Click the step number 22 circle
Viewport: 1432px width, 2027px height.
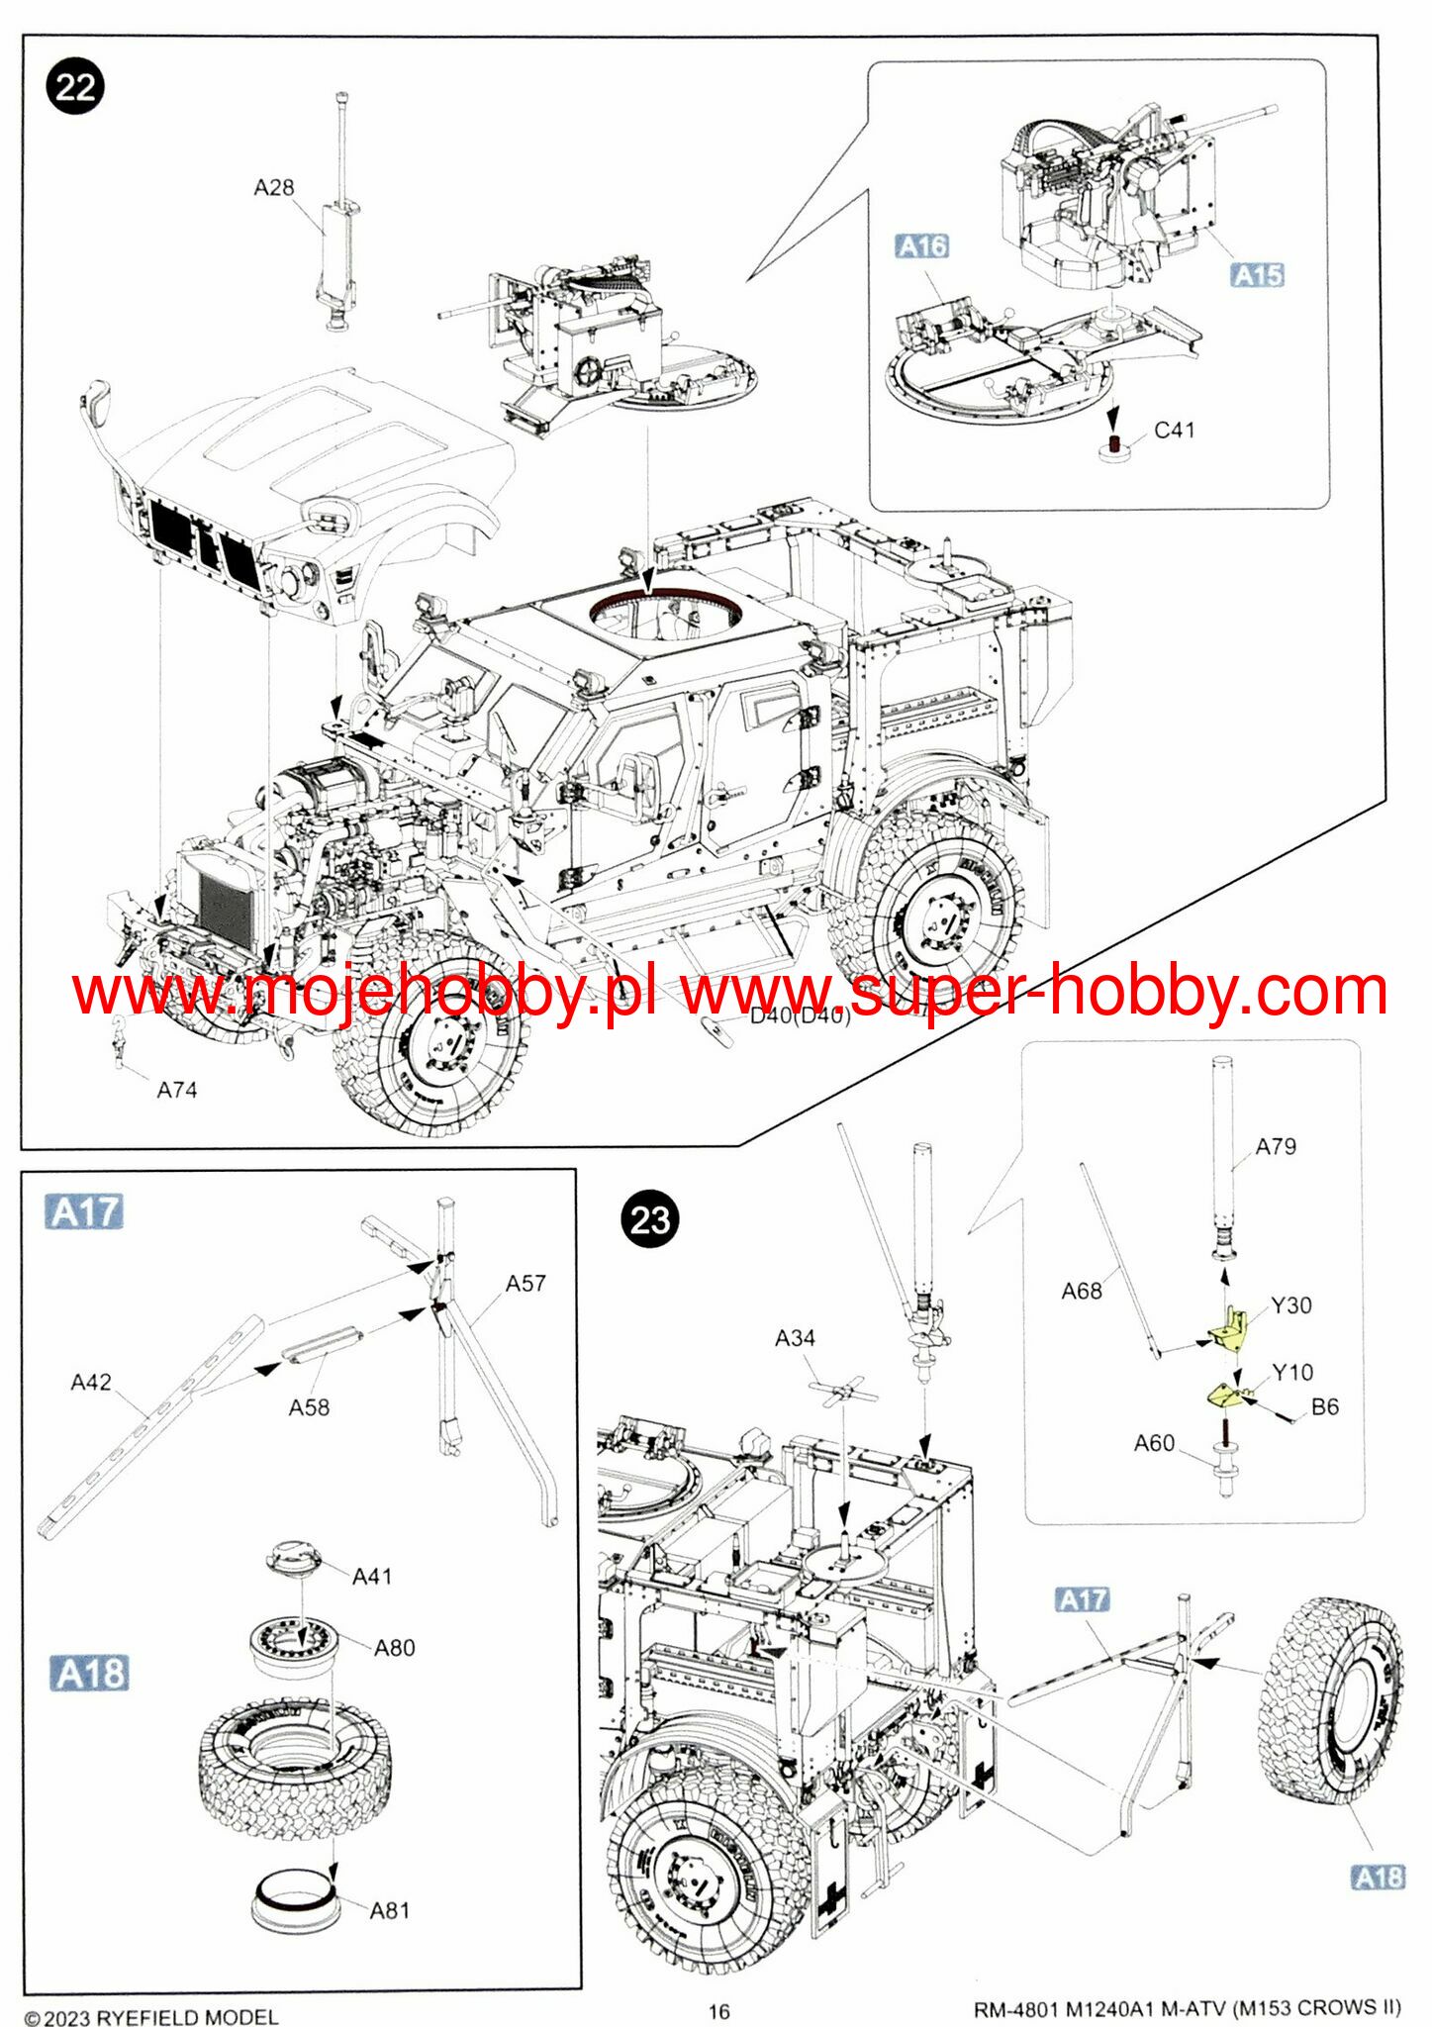pyautogui.click(x=75, y=87)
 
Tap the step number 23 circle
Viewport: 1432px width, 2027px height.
pyautogui.click(x=650, y=1219)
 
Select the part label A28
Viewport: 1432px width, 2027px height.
pyautogui.click(x=274, y=188)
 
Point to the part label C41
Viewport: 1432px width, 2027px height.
pyautogui.click(x=1175, y=431)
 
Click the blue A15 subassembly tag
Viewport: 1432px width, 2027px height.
pyautogui.click(x=1258, y=275)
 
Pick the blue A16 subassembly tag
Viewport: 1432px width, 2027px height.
pyautogui.click(x=921, y=246)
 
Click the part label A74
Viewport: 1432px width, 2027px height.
pyautogui.click(x=177, y=1091)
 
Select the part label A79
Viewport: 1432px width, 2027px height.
pyautogui.click(x=1276, y=1147)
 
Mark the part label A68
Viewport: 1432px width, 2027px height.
pyautogui.click(x=1081, y=1292)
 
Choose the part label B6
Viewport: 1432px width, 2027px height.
pyautogui.click(x=1324, y=1407)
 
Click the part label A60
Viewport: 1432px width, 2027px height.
pyautogui.click(x=1154, y=1444)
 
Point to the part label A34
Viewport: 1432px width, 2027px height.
pyautogui.click(x=795, y=1339)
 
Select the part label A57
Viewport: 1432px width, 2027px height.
pyautogui.click(x=525, y=1284)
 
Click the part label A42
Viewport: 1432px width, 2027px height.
pyautogui.click(x=91, y=1383)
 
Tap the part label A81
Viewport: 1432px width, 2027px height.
pyautogui.click(x=390, y=1911)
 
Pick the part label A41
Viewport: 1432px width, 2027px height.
pyautogui.click(x=372, y=1577)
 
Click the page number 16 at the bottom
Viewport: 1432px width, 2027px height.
pyautogui.click(x=718, y=2011)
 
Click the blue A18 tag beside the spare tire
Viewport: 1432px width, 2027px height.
pyautogui.click(x=1378, y=1878)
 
